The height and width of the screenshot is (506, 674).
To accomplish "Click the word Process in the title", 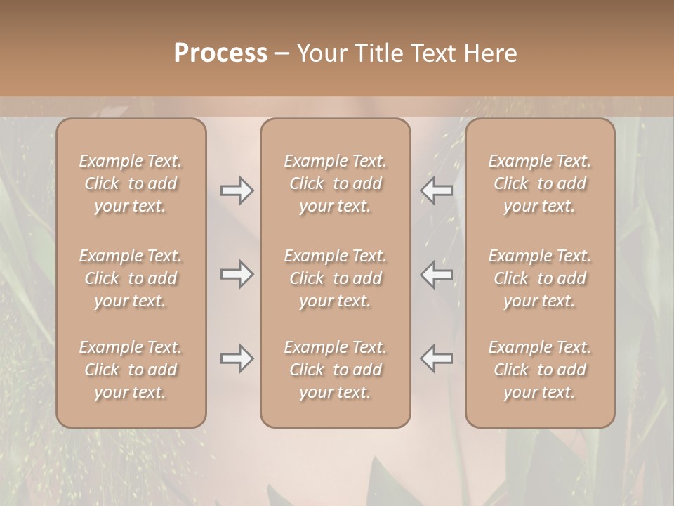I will pos(220,53).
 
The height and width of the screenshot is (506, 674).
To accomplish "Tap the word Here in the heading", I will pos(491,53).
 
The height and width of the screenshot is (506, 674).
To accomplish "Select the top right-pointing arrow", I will pos(237,190).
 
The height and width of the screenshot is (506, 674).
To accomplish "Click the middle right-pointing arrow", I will pos(237,273).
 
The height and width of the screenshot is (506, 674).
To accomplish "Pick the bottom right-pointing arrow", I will pos(237,358).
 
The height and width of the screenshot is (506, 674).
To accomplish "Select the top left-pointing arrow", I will pos(437,190).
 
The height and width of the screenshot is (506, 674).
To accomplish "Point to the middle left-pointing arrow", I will pos(437,273).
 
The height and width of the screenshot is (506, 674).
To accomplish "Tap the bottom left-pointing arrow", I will pos(437,358).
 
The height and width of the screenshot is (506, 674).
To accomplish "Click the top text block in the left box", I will pos(131,183).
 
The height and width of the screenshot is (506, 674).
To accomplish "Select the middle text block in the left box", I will pos(131,278).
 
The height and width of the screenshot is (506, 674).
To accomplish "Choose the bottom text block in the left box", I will pos(131,370).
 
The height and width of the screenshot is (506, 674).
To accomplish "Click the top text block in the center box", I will pos(336,183).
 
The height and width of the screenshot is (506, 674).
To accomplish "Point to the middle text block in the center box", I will pos(336,278).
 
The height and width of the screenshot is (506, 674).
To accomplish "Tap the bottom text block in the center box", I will pos(336,370).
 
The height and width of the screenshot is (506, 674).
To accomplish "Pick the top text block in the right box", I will pos(540,183).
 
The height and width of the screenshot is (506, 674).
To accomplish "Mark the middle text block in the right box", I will pos(540,278).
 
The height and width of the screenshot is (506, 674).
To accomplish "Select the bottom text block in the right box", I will pos(540,370).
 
